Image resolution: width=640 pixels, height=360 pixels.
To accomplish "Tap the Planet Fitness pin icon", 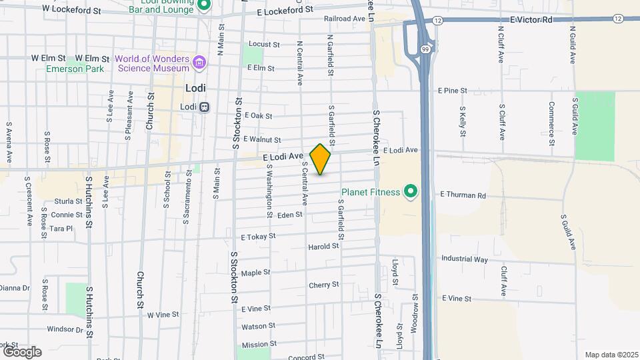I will click(411, 193).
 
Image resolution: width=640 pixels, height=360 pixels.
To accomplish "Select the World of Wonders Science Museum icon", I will click(198, 63).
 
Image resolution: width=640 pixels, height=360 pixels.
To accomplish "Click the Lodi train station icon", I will click(205, 107).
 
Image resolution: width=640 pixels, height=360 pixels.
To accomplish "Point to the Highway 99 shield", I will click(425, 49).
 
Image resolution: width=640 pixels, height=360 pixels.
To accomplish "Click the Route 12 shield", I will click(437, 21).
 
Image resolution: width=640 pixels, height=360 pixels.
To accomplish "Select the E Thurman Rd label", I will click(463, 195).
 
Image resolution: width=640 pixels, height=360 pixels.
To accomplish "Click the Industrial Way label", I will click(464, 259).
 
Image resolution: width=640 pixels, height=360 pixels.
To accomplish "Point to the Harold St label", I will click(323, 247).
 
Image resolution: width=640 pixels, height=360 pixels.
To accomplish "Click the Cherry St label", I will click(324, 285).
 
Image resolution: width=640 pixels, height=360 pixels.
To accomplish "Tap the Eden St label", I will click(290, 215).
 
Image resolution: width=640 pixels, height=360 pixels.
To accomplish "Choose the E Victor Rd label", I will click(531, 20).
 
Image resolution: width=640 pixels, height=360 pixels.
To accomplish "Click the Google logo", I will click(21, 351).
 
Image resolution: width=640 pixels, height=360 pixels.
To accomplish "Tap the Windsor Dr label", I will click(65, 329).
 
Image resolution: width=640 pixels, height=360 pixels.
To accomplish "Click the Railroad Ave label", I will click(341, 19).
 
